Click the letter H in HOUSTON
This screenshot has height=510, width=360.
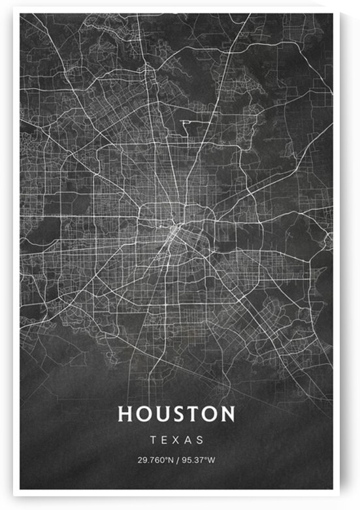124,414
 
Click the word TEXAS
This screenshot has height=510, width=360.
176,440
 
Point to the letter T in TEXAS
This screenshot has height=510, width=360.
153,440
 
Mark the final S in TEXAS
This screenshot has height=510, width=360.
200,440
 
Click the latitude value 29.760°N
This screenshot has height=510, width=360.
155,460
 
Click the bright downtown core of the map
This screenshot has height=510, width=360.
175,230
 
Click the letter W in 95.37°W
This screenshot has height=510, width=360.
211,460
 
